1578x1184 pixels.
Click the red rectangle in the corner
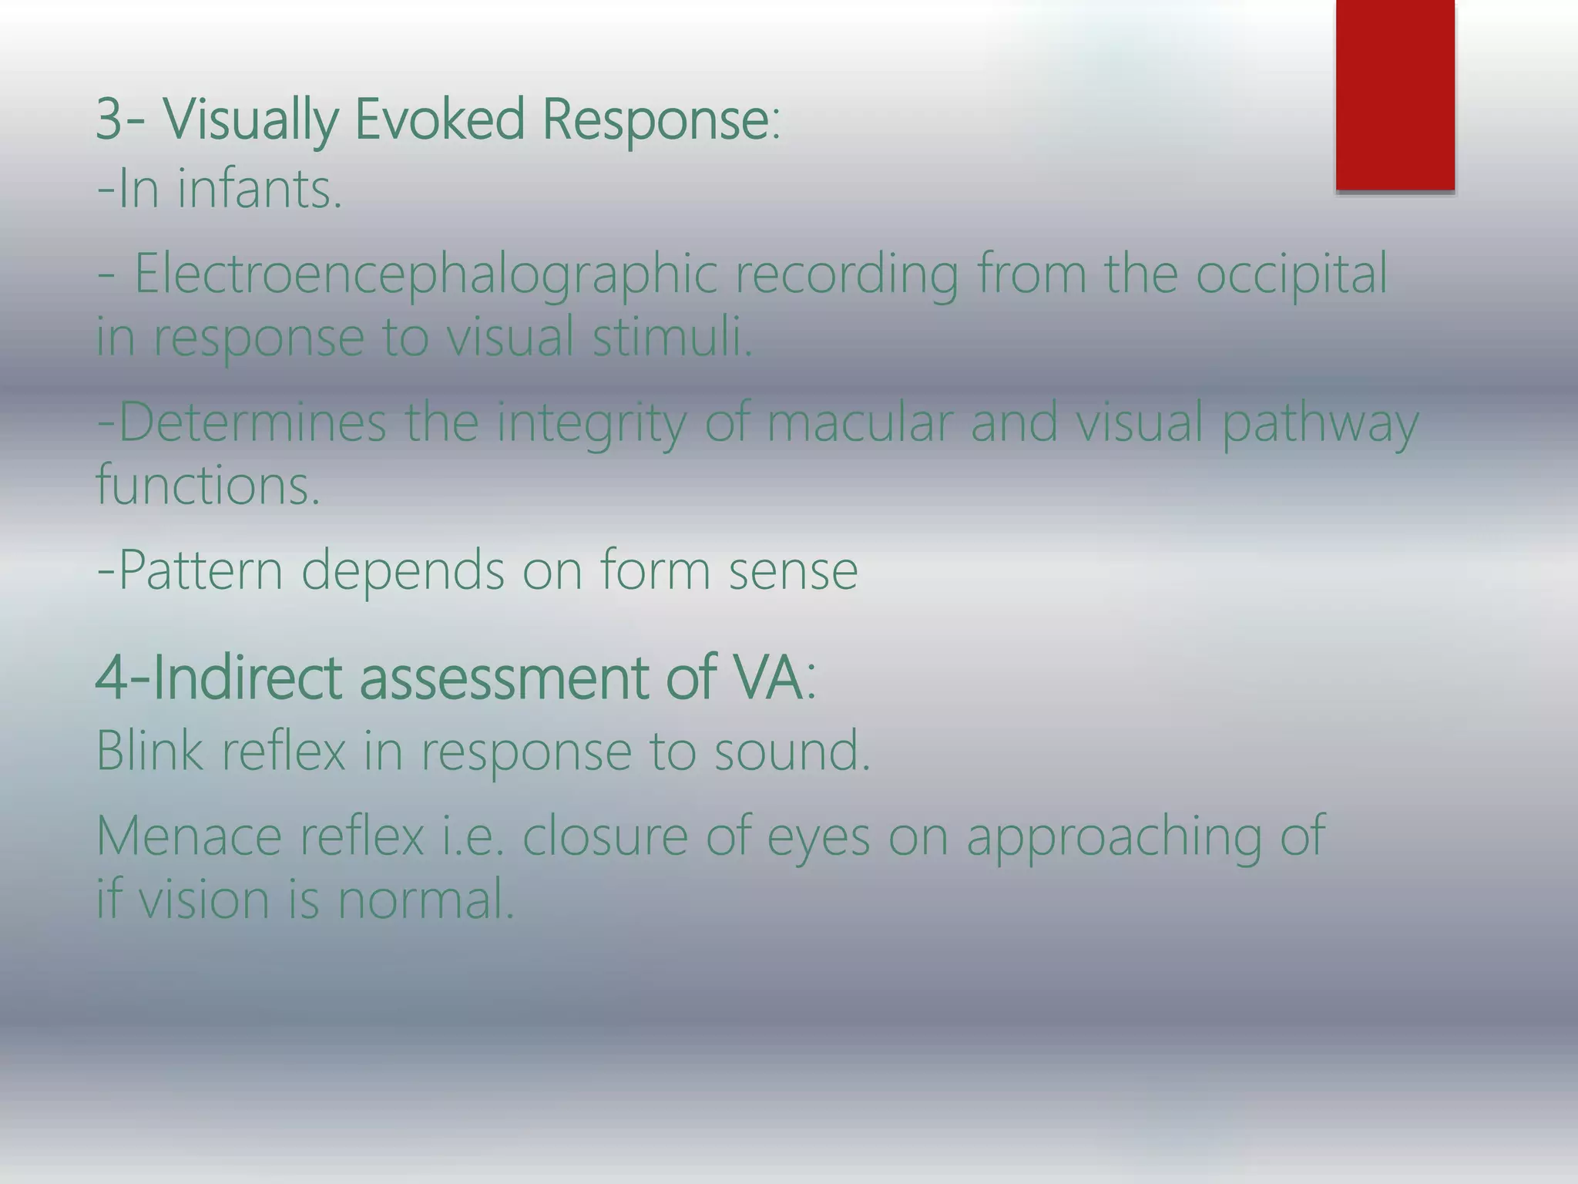[x=1395, y=94]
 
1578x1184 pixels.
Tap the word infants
[x=259, y=190]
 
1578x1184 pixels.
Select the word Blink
[x=149, y=751]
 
